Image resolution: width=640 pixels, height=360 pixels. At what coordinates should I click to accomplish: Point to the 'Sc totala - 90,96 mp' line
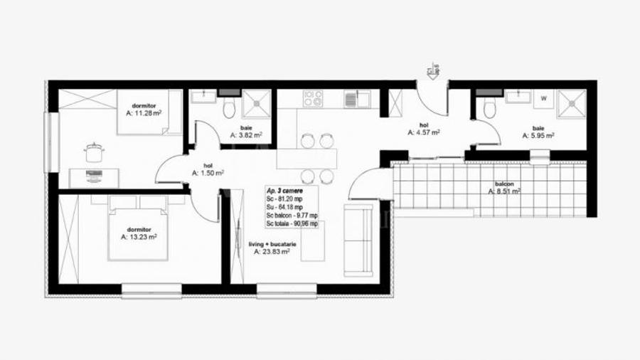[292, 223]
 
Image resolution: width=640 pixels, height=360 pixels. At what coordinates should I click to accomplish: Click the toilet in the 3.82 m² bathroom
[229, 108]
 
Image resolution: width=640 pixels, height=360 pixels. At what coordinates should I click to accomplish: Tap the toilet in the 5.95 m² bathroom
[489, 108]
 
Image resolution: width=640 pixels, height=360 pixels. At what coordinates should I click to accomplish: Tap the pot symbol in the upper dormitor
[94, 152]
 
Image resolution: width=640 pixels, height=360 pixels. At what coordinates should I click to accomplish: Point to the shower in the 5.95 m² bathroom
[570, 103]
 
